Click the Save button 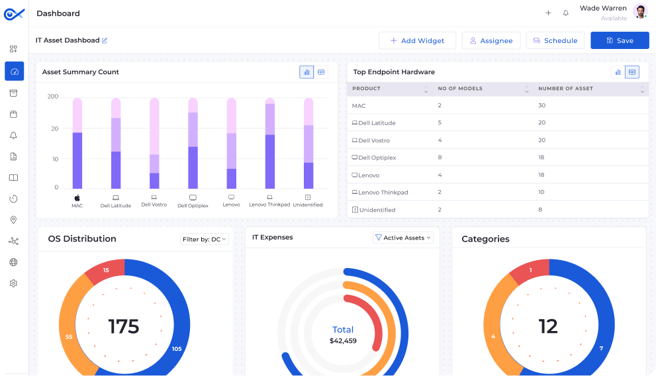point(620,40)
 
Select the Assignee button point(491,40)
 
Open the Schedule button point(555,40)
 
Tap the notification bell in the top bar point(566,13)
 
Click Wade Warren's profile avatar point(639,11)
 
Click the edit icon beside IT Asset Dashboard point(105,40)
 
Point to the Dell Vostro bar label point(154,205)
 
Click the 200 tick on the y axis point(53,97)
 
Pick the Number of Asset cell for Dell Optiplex point(541,158)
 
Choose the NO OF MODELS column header point(460,89)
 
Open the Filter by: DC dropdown point(204,239)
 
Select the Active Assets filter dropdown point(402,238)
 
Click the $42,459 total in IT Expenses point(343,341)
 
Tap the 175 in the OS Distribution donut point(124,326)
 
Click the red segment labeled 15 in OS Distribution point(106,271)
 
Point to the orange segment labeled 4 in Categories point(493,335)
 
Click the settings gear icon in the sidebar point(13,283)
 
